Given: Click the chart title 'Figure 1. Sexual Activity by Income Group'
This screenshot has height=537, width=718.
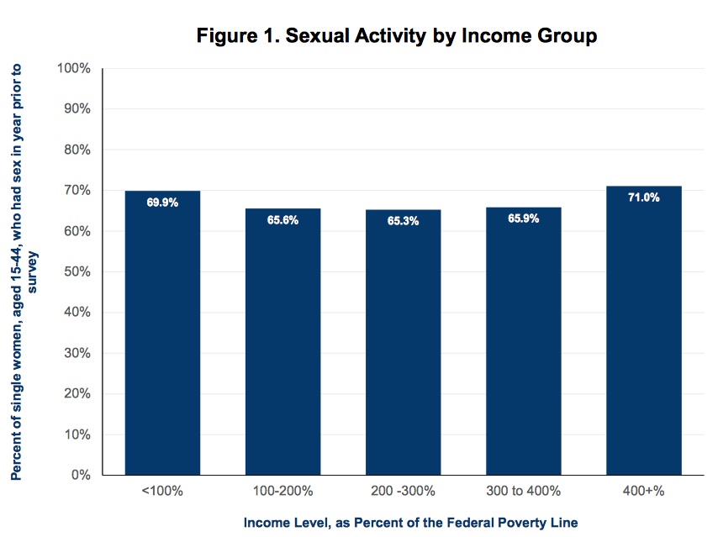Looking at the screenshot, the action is (x=397, y=35).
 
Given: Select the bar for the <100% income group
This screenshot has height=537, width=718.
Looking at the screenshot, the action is (x=162, y=333).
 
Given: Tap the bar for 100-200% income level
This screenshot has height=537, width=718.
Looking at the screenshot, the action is (x=283, y=341).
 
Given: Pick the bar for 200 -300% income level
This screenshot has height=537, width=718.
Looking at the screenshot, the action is (x=403, y=342).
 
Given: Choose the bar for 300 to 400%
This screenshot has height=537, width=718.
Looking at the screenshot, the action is (x=524, y=341).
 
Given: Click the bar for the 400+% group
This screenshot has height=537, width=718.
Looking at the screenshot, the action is (x=644, y=330).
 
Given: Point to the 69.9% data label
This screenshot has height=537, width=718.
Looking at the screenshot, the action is (x=162, y=203).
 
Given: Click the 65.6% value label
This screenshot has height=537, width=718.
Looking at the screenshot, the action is (x=283, y=220).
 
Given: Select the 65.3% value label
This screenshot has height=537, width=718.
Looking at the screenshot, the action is (x=403, y=221).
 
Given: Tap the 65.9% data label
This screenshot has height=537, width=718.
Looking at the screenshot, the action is (x=524, y=218).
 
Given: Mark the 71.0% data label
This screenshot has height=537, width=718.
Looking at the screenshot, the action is (x=644, y=197).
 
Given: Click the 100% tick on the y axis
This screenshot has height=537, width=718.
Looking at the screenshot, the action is (x=74, y=68).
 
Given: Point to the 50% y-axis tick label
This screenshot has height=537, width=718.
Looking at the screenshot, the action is (x=77, y=271).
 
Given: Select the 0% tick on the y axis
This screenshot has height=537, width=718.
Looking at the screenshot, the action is (x=81, y=475).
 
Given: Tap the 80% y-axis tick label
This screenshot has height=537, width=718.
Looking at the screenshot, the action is (x=77, y=150).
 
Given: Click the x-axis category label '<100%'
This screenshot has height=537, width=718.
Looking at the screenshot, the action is (x=162, y=491).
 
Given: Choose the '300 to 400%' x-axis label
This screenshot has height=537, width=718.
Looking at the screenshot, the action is (x=524, y=491).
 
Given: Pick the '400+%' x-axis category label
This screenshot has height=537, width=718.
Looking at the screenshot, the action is (x=643, y=491).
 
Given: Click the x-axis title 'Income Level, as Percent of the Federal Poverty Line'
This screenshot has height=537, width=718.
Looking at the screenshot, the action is (x=410, y=523).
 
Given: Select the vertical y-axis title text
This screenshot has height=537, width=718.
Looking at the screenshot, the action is (x=23, y=272).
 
